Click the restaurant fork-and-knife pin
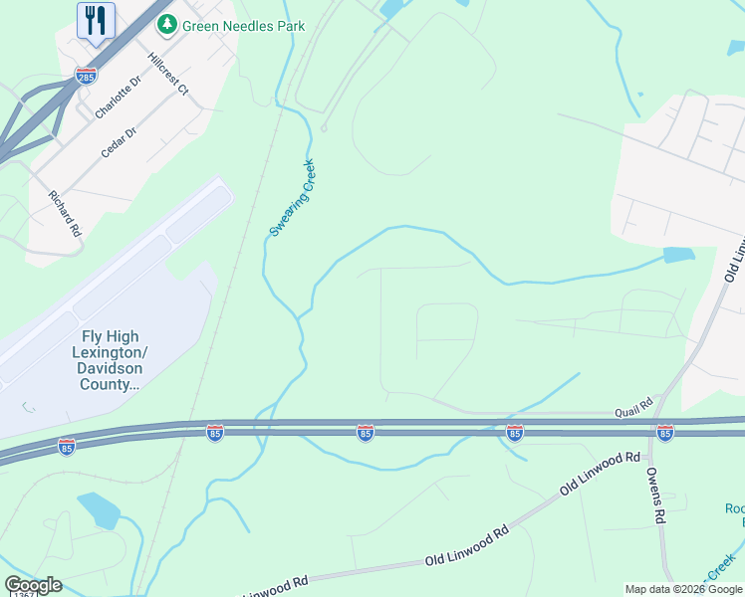point(96,21)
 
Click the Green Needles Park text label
point(242,26)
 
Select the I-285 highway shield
point(85,76)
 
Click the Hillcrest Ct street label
point(167,75)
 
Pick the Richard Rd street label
point(65,212)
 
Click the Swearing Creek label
point(292,198)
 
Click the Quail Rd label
point(632,404)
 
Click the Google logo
point(33,585)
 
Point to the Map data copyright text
point(683,589)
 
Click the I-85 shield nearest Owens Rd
point(664,432)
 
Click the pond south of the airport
point(101,510)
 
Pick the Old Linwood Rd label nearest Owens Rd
point(598,474)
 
